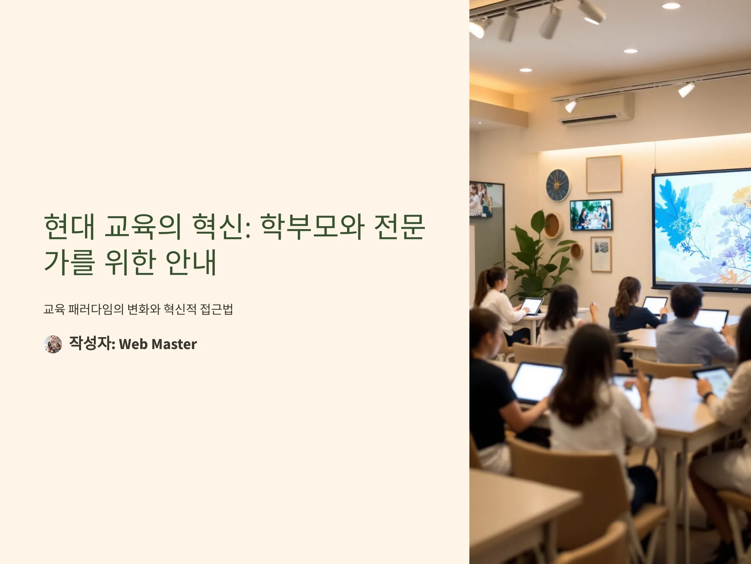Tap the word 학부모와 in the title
click(x=312, y=227)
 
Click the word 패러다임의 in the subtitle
click(x=96, y=309)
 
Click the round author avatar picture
click(x=53, y=344)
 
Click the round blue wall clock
click(x=558, y=185)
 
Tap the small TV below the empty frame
click(x=591, y=215)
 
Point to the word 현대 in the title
click(x=69, y=227)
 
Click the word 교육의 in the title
click(x=143, y=227)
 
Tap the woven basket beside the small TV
click(x=554, y=225)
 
